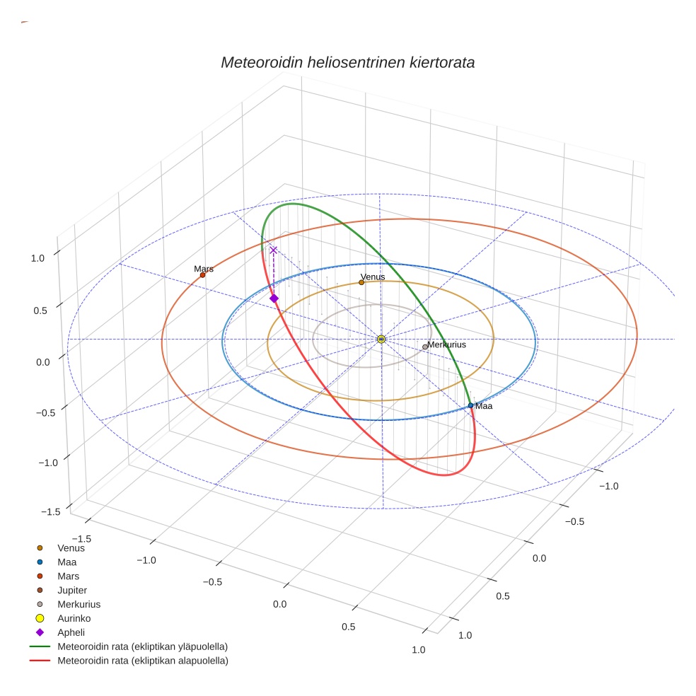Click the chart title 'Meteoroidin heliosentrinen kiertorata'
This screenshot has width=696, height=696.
point(347,62)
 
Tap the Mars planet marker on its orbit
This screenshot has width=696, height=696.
point(202,275)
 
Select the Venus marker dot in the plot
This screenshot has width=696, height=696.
point(361,282)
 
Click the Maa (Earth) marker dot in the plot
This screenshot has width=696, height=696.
point(470,405)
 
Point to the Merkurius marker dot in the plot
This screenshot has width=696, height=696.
point(425,347)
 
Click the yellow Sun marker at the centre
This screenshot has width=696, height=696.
point(381,340)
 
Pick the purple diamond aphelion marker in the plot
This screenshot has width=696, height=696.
point(274,298)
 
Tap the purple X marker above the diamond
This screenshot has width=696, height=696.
point(273,250)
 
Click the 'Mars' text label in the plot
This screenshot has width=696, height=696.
point(204,269)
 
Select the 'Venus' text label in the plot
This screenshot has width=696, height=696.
point(373,277)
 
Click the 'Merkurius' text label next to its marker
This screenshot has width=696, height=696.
point(447,344)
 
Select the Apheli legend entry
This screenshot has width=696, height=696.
point(71,632)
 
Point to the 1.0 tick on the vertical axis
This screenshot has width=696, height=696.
point(37,258)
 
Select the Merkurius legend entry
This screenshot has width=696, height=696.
point(79,604)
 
